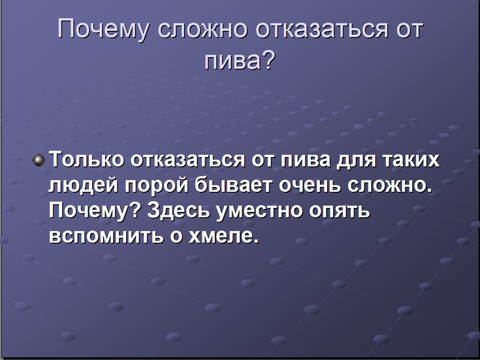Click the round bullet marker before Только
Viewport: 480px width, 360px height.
coord(39,160)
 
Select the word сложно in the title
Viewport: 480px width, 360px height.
coord(202,29)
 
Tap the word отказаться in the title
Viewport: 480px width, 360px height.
coord(322,29)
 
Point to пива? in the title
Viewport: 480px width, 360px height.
coord(240,60)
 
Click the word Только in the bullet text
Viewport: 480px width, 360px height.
coord(86,159)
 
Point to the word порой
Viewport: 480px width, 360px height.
coord(156,186)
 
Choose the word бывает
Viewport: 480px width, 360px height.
coord(234,185)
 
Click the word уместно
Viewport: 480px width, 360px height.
coord(259,212)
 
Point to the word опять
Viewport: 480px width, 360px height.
coord(340,212)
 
